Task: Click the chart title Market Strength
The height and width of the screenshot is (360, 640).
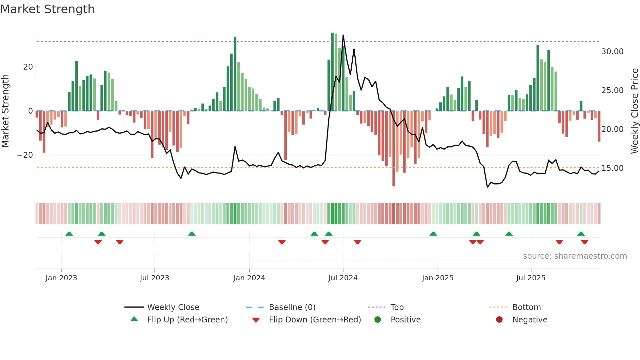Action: point(47,9)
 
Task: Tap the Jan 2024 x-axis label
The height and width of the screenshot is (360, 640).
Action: point(249,278)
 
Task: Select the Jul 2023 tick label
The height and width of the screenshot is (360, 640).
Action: point(154,278)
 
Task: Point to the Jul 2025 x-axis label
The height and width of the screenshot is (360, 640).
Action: point(531,278)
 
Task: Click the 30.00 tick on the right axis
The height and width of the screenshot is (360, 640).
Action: point(612,52)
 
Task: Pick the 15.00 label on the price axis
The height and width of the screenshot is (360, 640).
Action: point(612,168)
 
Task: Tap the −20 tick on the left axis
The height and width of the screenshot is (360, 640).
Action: point(25,155)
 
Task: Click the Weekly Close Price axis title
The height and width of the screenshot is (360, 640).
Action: point(634,111)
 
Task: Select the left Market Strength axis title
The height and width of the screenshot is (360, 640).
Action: point(5,111)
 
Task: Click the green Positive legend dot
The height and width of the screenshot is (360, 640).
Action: point(377,320)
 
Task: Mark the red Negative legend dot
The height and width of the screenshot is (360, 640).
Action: point(499,320)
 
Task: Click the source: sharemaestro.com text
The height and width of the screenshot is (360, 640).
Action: point(575,256)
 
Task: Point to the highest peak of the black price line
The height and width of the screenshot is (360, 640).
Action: point(343,35)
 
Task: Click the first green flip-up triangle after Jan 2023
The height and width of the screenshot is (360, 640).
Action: point(69,234)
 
